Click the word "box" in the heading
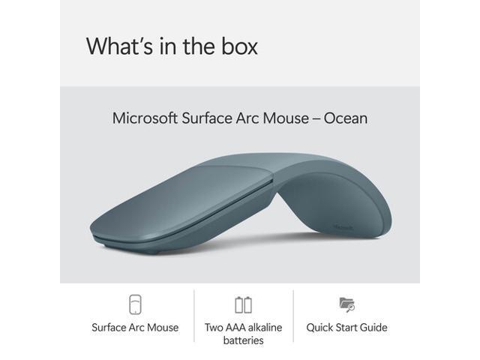point(236,46)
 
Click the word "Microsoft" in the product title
point(145,118)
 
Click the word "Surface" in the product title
point(205,118)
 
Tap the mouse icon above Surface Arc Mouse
point(135,304)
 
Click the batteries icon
point(243,304)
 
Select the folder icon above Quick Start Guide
point(346,304)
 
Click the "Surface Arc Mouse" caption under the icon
point(135,328)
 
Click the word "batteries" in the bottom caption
point(243,340)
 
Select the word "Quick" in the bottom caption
point(322,328)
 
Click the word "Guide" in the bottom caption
point(373,328)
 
